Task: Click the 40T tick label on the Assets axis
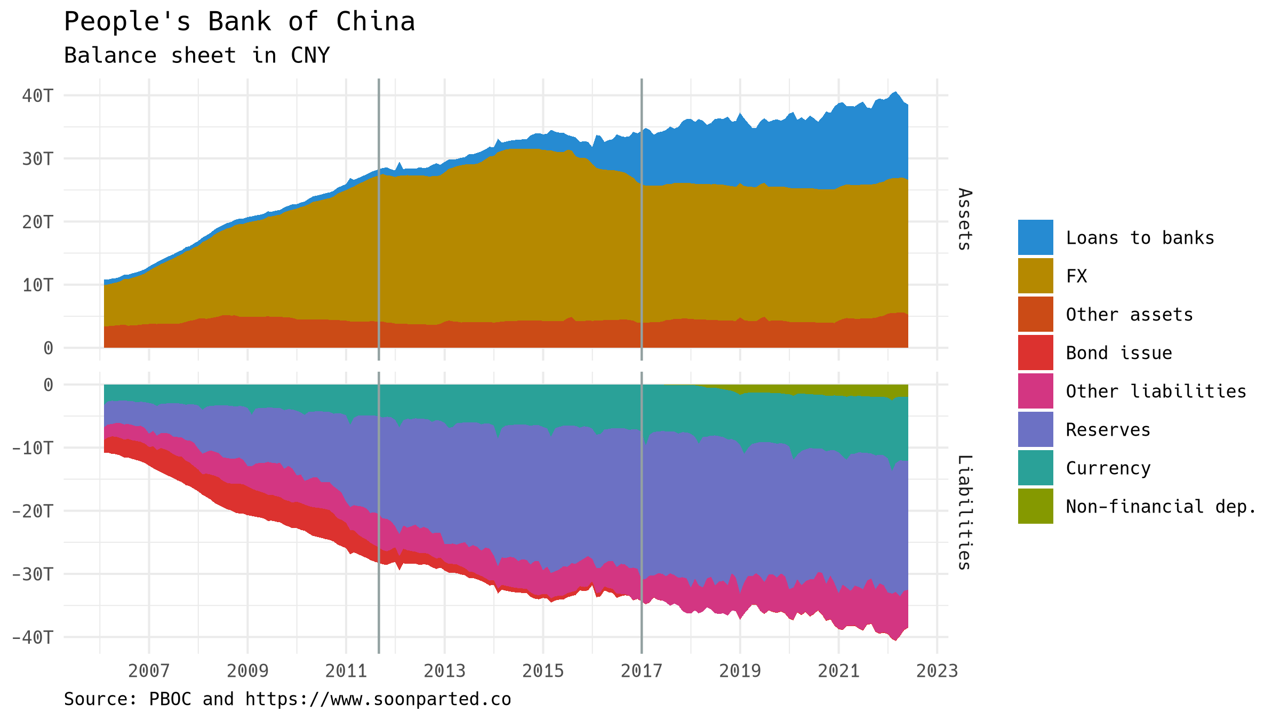click(x=38, y=96)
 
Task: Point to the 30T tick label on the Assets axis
click(x=38, y=159)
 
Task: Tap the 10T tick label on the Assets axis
click(x=38, y=285)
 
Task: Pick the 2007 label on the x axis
click(x=149, y=671)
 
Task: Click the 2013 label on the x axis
click(x=444, y=671)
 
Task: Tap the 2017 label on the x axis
click(x=642, y=671)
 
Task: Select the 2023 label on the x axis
click(x=937, y=671)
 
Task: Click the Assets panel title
click(x=964, y=219)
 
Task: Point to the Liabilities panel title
click(x=964, y=512)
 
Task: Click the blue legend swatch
click(x=1036, y=237)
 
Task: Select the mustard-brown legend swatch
click(x=1036, y=276)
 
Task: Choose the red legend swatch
click(x=1036, y=353)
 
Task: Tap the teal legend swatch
click(x=1036, y=468)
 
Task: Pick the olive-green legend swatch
click(x=1036, y=506)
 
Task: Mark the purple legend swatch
click(x=1036, y=429)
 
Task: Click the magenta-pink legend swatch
click(x=1036, y=391)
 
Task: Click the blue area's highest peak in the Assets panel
click(x=895, y=92)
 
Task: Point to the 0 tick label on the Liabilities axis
click(x=48, y=385)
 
